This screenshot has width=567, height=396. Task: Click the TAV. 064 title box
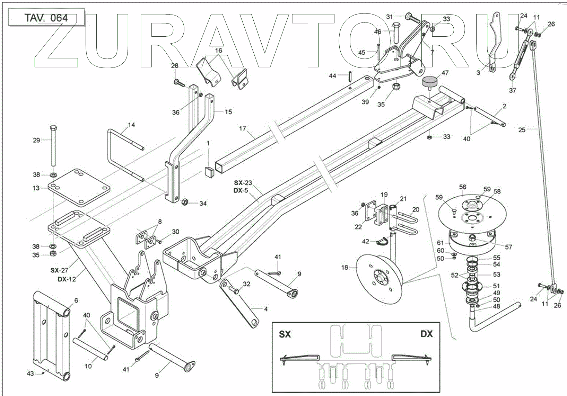click(x=46, y=18)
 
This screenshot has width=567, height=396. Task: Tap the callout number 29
click(x=36, y=140)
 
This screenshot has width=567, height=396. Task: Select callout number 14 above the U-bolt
click(x=131, y=125)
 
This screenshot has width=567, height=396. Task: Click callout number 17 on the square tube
click(x=243, y=128)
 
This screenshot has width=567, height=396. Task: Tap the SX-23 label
click(x=243, y=183)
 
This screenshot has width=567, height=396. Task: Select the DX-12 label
click(x=67, y=279)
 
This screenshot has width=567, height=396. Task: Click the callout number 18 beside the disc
click(x=344, y=267)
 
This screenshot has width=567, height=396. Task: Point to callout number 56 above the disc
click(x=463, y=187)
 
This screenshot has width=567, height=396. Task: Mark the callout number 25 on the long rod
click(x=522, y=130)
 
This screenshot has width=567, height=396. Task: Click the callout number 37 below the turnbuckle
click(x=513, y=90)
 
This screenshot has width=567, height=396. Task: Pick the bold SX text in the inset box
click(x=285, y=334)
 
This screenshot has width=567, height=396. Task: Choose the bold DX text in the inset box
click(x=427, y=334)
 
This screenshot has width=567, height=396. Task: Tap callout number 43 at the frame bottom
click(x=30, y=373)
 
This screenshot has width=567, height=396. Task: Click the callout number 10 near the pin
click(x=88, y=366)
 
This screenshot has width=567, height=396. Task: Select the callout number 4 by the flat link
click(x=266, y=309)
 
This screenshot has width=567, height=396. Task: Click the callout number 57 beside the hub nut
click(x=508, y=247)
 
